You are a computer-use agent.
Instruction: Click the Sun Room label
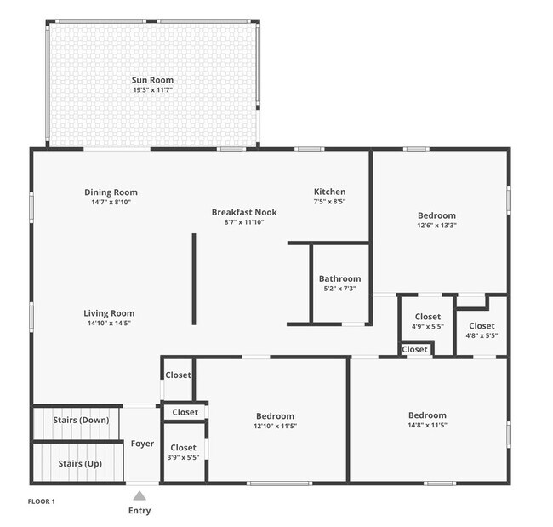coord(153,80)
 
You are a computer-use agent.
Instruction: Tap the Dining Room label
coord(111,192)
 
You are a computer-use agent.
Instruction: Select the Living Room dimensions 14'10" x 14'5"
coord(109,324)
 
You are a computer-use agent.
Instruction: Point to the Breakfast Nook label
coord(244,212)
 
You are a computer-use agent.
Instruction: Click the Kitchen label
coord(329,192)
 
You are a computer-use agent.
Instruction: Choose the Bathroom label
coord(339,278)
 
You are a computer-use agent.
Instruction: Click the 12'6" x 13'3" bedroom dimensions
coord(436,226)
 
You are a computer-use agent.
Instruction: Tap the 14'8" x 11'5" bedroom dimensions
coord(427,425)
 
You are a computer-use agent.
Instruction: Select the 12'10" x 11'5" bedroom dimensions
coord(274,426)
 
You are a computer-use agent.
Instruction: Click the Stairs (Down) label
coord(77,421)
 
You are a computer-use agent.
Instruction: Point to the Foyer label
coord(141,444)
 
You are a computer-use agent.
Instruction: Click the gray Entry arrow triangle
coord(140,495)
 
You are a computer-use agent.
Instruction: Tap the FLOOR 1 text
coord(42,501)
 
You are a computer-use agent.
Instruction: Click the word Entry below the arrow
coord(140,511)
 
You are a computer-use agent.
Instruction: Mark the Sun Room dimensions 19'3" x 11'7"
coord(153,90)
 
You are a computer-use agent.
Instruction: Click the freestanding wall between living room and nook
coord(193,278)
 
